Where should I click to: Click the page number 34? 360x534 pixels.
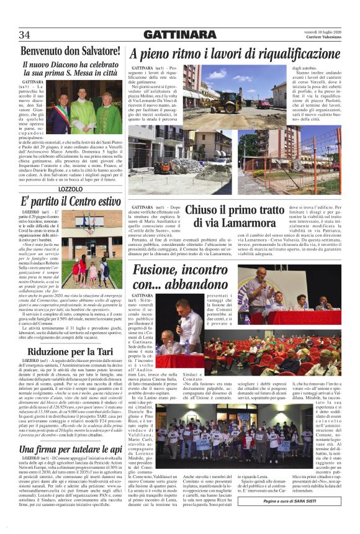point(25,35)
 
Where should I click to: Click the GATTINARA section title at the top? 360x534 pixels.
point(179,35)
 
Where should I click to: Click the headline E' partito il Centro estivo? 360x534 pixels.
point(70,202)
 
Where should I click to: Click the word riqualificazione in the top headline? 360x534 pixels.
point(289,54)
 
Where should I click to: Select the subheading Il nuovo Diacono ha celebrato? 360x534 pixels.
point(70,64)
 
